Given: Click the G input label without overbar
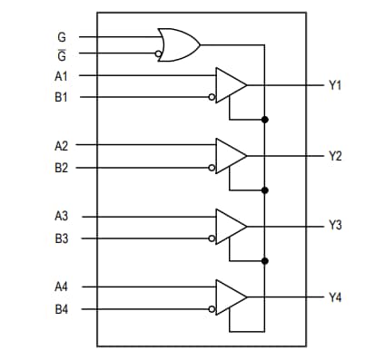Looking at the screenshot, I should (61, 37).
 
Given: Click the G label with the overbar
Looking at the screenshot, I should (61, 54).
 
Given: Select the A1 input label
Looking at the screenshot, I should (61, 76).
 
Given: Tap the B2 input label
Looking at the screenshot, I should (61, 167).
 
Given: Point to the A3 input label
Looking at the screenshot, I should (61, 217).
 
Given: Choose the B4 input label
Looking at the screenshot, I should (61, 310).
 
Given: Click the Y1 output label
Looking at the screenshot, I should (335, 84).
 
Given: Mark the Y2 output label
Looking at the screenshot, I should (335, 155).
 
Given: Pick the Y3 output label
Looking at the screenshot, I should (335, 226).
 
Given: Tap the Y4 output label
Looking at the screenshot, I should (335, 297).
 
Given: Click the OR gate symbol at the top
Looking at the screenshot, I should (177, 43).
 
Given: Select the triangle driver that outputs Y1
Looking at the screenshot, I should (230, 84).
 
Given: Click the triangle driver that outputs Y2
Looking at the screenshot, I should (230, 155).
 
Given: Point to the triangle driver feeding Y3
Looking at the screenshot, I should (230, 226).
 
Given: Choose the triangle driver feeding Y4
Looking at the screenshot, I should (230, 297).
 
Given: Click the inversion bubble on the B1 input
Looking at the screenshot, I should (212, 97).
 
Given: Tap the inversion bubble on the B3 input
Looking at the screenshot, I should (212, 238).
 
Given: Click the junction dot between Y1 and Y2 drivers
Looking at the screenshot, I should (264, 119).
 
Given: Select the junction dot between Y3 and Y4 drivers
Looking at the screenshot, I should (264, 260).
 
